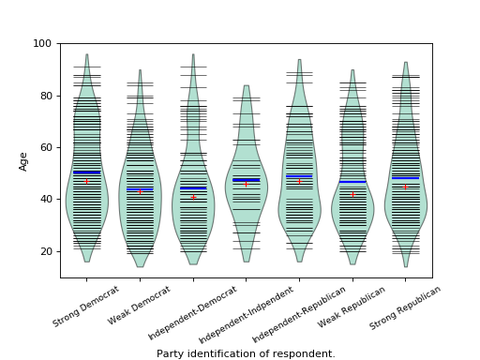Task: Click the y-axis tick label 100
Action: coord(44,43)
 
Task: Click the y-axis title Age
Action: coord(23,160)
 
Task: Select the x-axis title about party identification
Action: coord(246,354)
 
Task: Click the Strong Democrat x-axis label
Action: coord(86,307)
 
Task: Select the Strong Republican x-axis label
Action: coord(406,307)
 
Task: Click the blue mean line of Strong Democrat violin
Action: coord(86,172)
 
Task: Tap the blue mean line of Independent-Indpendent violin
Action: coord(247,180)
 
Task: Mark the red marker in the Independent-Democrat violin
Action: coord(193,197)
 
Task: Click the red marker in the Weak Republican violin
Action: coord(353,194)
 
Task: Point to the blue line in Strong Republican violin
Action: coord(406,178)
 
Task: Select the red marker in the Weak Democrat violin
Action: coord(140,192)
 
